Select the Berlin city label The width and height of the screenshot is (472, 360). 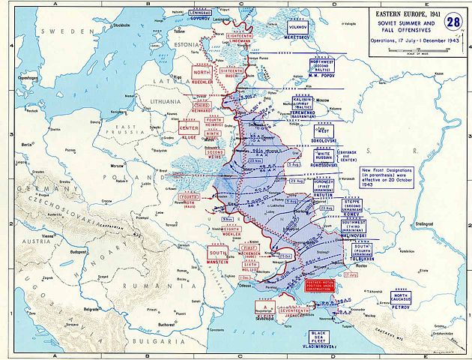[29, 141]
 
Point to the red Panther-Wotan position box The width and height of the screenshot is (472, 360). [324, 285]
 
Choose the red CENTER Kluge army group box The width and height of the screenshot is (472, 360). [188, 130]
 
